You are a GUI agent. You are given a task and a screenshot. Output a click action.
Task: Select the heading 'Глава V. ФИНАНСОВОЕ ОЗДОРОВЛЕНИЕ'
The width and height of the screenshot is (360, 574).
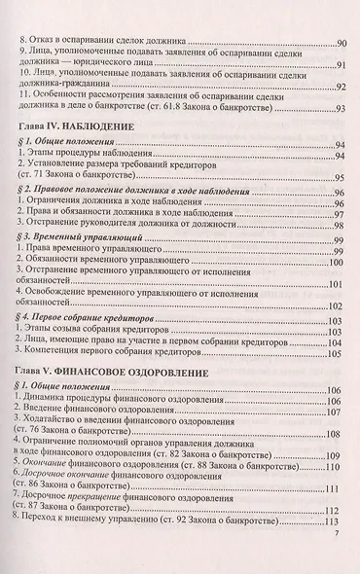click(x=110, y=373)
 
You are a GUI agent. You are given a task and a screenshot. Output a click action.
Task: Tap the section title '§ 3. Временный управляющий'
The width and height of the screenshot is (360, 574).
click(x=82, y=238)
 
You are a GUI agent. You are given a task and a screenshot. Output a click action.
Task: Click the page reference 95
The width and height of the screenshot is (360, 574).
click(x=340, y=177)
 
